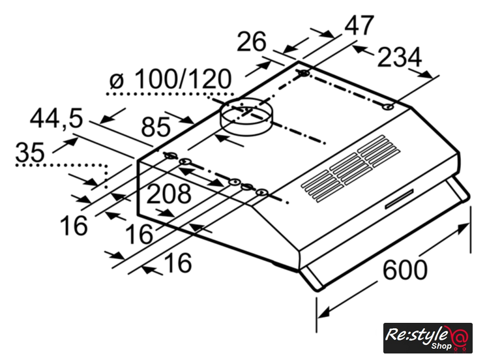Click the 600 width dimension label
(x=405, y=269)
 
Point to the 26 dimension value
(x=252, y=42)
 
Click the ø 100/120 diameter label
(x=170, y=80)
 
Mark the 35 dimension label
(x=30, y=153)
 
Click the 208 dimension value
(x=169, y=194)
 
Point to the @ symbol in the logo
(x=460, y=337)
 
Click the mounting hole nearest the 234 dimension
(x=387, y=107)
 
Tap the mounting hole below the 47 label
(x=304, y=73)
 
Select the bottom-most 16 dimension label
(x=177, y=263)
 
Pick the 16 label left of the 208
(x=74, y=226)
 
